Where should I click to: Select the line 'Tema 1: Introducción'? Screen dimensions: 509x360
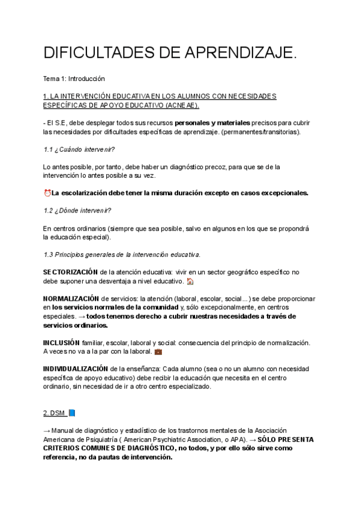[74, 79]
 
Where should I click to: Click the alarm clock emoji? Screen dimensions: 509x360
[47, 193]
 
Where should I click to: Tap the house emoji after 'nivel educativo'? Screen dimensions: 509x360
[190, 281]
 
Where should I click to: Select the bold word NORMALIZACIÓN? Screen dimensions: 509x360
[71, 299]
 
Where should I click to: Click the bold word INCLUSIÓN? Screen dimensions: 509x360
[58, 342]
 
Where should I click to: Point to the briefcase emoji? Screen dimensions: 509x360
[158, 351]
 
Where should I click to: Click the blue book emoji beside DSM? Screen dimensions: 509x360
[71, 413]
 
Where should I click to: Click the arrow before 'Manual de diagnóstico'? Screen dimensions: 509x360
[47, 431]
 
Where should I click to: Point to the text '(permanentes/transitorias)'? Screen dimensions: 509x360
[263, 131]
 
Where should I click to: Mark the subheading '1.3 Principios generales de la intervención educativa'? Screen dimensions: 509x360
[122, 254]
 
